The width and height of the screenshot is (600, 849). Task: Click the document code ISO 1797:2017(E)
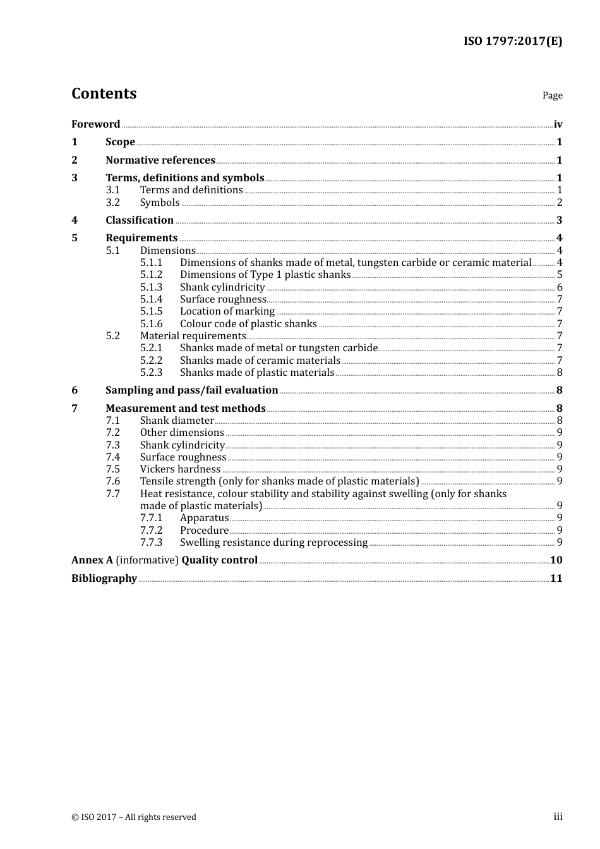[512, 42]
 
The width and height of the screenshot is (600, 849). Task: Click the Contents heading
[104, 93]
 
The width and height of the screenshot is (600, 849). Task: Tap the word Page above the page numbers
[552, 95]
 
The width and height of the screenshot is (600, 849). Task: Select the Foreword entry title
[95, 124]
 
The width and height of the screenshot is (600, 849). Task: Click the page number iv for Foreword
[558, 124]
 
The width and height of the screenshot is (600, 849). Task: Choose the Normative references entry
[160, 160]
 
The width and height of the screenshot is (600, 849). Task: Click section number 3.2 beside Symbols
[112, 203]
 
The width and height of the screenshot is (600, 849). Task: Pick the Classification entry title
[140, 220]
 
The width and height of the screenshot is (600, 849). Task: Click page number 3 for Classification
[559, 220]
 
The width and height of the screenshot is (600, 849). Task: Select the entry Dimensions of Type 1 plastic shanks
[265, 275]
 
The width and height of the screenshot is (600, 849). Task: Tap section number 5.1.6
[151, 324]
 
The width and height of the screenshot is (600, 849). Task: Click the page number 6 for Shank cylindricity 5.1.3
[560, 287]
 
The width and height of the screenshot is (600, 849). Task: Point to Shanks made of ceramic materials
[260, 361]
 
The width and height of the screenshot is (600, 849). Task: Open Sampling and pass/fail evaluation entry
[191, 390]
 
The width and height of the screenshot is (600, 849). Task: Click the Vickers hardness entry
[180, 469]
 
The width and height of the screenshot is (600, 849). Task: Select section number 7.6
[112, 481]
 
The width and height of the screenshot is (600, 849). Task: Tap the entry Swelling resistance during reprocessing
[273, 543]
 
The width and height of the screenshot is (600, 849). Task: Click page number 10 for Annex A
[556, 560]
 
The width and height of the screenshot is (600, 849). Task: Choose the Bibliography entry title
[104, 579]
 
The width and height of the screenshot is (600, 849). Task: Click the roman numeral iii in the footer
[558, 817]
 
